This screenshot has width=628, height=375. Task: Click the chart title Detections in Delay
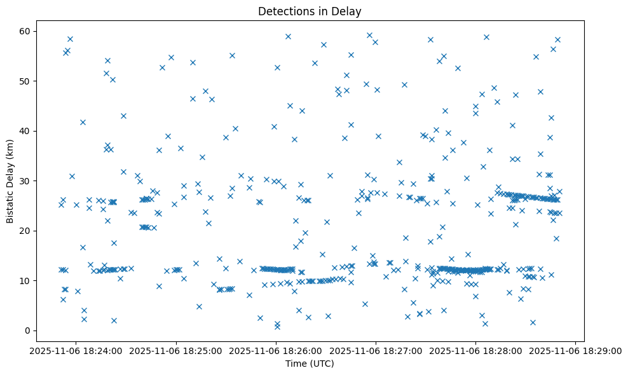coord(310,11)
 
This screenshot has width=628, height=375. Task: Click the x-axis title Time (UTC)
coord(310,364)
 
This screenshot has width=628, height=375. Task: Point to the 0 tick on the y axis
coord(27,331)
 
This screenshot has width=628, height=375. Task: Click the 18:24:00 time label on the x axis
coord(77,350)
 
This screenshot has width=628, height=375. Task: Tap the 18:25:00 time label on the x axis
coord(177,350)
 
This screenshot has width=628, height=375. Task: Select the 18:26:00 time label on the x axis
coord(276,350)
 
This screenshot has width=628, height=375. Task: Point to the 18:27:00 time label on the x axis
coord(376,350)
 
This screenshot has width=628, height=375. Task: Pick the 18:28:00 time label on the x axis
coord(476,350)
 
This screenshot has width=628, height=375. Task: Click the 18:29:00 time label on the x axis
coord(576,350)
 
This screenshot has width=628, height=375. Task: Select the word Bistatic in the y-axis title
coord(10,205)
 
